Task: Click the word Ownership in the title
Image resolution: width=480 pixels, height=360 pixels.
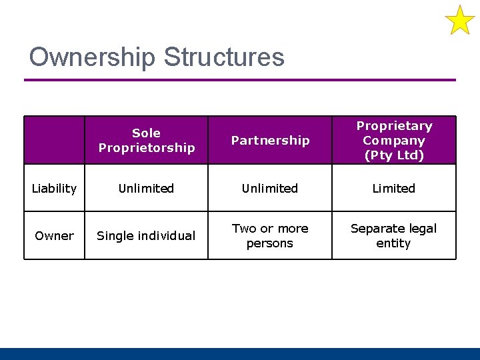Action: (92, 57)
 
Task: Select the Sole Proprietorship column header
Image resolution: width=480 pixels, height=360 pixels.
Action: (146, 140)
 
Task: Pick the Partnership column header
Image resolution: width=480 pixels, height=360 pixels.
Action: (270, 140)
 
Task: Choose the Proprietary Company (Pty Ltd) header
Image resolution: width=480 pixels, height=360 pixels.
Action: (394, 140)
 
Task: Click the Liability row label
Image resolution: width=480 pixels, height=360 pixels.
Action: (54, 189)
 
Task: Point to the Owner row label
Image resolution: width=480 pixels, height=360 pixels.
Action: (54, 235)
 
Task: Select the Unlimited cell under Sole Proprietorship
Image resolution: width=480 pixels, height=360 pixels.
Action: (146, 189)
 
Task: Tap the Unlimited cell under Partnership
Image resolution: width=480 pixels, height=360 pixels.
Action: (270, 189)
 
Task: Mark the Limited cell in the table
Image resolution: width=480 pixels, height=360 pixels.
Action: (394, 189)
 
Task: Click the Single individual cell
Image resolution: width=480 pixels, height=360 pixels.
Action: (146, 235)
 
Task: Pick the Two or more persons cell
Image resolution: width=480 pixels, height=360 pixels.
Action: (270, 235)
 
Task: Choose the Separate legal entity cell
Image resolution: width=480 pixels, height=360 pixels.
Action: (394, 235)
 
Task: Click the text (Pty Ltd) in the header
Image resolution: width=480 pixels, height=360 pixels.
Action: (394, 155)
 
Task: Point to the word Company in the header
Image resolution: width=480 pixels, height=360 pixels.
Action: (394, 141)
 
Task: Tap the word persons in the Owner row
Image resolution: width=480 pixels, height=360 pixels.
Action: (270, 243)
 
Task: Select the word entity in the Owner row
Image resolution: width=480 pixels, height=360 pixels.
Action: (394, 243)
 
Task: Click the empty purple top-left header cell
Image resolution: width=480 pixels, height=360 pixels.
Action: (54, 140)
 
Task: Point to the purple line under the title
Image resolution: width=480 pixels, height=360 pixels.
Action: (240, 80)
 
